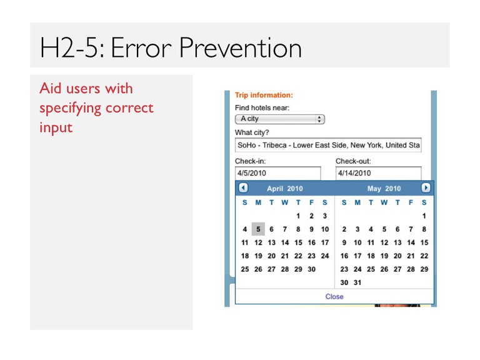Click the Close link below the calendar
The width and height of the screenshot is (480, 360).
pyautogui.click(x=334, y=296)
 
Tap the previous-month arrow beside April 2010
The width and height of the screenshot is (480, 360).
pyautogui.click(x=243, y=187)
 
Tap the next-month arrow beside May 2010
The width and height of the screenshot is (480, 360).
pyautogui.click(x=426, y=187)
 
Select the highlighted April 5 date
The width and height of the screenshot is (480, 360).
pyautogui.click(x=258, y=229)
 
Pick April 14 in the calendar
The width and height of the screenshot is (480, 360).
pyautogui.click(x=285, y=242)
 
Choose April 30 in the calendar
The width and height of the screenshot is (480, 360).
pyautogui.click(x=312, y=269)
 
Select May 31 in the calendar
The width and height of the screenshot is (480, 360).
pyautogui.click(x=357, y=282)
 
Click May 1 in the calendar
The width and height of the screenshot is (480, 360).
pyautogui.click(x=424, y=216)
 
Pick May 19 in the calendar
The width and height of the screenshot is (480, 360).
pyautogui.click(x=384, y=256)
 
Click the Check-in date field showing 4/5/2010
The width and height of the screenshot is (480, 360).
pyautogui.click(x=278, y=173)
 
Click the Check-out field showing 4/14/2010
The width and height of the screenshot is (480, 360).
pyautogui.click(x=379, y=173)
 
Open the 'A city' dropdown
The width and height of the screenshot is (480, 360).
pyautogui.click(x=280, y=119)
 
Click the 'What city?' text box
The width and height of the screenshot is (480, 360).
pyautogui.click(x=328, y=145)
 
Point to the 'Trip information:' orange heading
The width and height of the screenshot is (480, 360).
pyautogui.click(x=264, y=95)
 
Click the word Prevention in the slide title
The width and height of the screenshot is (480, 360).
pyautogui.click(x=241, y=47)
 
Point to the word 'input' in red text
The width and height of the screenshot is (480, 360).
pyautogui.click(x=56, y=127)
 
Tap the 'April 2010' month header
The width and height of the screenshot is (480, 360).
pyautogui.click(x=285, y=189)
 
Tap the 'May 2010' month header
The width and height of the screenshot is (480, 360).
pyautogui.click(x=384, y=189)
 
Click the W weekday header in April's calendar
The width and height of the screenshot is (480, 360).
pyautogui.click(x=285, y=202)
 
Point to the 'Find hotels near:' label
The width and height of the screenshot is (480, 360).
pyautogui.click(x=262, y=107)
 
